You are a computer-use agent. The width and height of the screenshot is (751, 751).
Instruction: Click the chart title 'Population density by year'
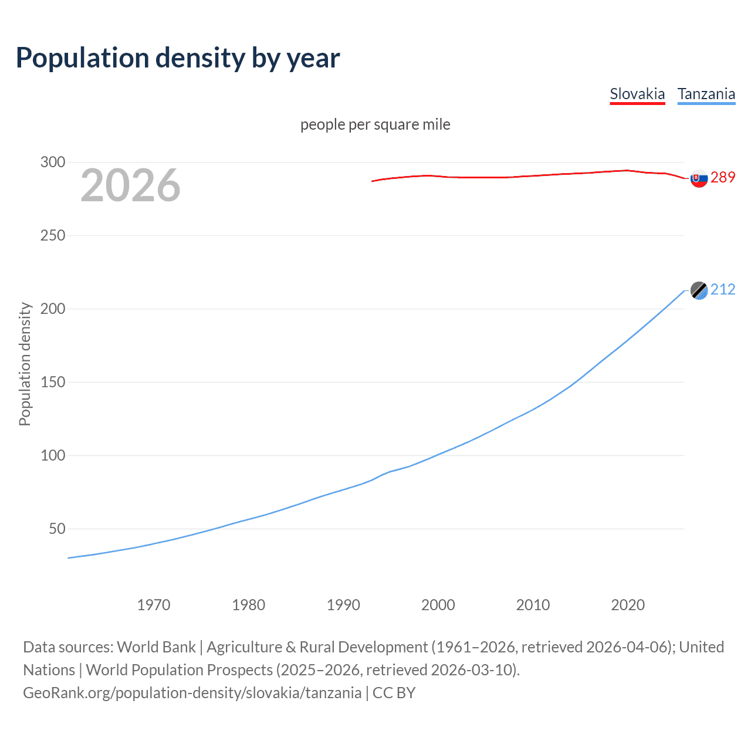pos(178,58)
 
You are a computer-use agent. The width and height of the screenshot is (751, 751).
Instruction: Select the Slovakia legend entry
pos(637,94)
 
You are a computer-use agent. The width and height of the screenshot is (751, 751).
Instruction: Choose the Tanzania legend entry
pos(706,94)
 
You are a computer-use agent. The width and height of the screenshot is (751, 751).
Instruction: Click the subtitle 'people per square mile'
pos(375,124)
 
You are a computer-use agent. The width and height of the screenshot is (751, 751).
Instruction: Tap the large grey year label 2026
pos(130,185)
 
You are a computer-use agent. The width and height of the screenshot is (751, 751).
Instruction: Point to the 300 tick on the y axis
pos(53,162)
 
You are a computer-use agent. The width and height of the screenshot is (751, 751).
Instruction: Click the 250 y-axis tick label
pos(53,235)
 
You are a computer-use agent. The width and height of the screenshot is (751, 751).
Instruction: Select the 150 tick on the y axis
pos(53,382)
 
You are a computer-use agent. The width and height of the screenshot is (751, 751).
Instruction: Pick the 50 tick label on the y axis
pos(57,529)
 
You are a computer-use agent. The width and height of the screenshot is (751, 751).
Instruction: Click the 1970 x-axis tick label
pos(154,605)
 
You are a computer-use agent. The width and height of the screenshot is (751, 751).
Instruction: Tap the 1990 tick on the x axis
pos(343,605)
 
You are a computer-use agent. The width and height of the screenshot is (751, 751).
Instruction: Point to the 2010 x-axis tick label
pos(533,605)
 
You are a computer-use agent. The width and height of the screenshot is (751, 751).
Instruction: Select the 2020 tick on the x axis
pos(628,605)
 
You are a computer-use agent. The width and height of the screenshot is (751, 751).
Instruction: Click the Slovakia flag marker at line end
pos(699,178)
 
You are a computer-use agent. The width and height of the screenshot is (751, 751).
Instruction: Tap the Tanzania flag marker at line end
pos(699,290)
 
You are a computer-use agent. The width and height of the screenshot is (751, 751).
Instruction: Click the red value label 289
pos(723,177)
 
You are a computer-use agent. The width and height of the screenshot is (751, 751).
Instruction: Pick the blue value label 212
pos(723,289)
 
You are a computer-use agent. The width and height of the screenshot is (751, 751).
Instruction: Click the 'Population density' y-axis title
pos(25,364)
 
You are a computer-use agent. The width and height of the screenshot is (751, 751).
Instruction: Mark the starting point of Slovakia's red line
pos(372,181)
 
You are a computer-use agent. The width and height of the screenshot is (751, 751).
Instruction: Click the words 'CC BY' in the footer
pos(394,693)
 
